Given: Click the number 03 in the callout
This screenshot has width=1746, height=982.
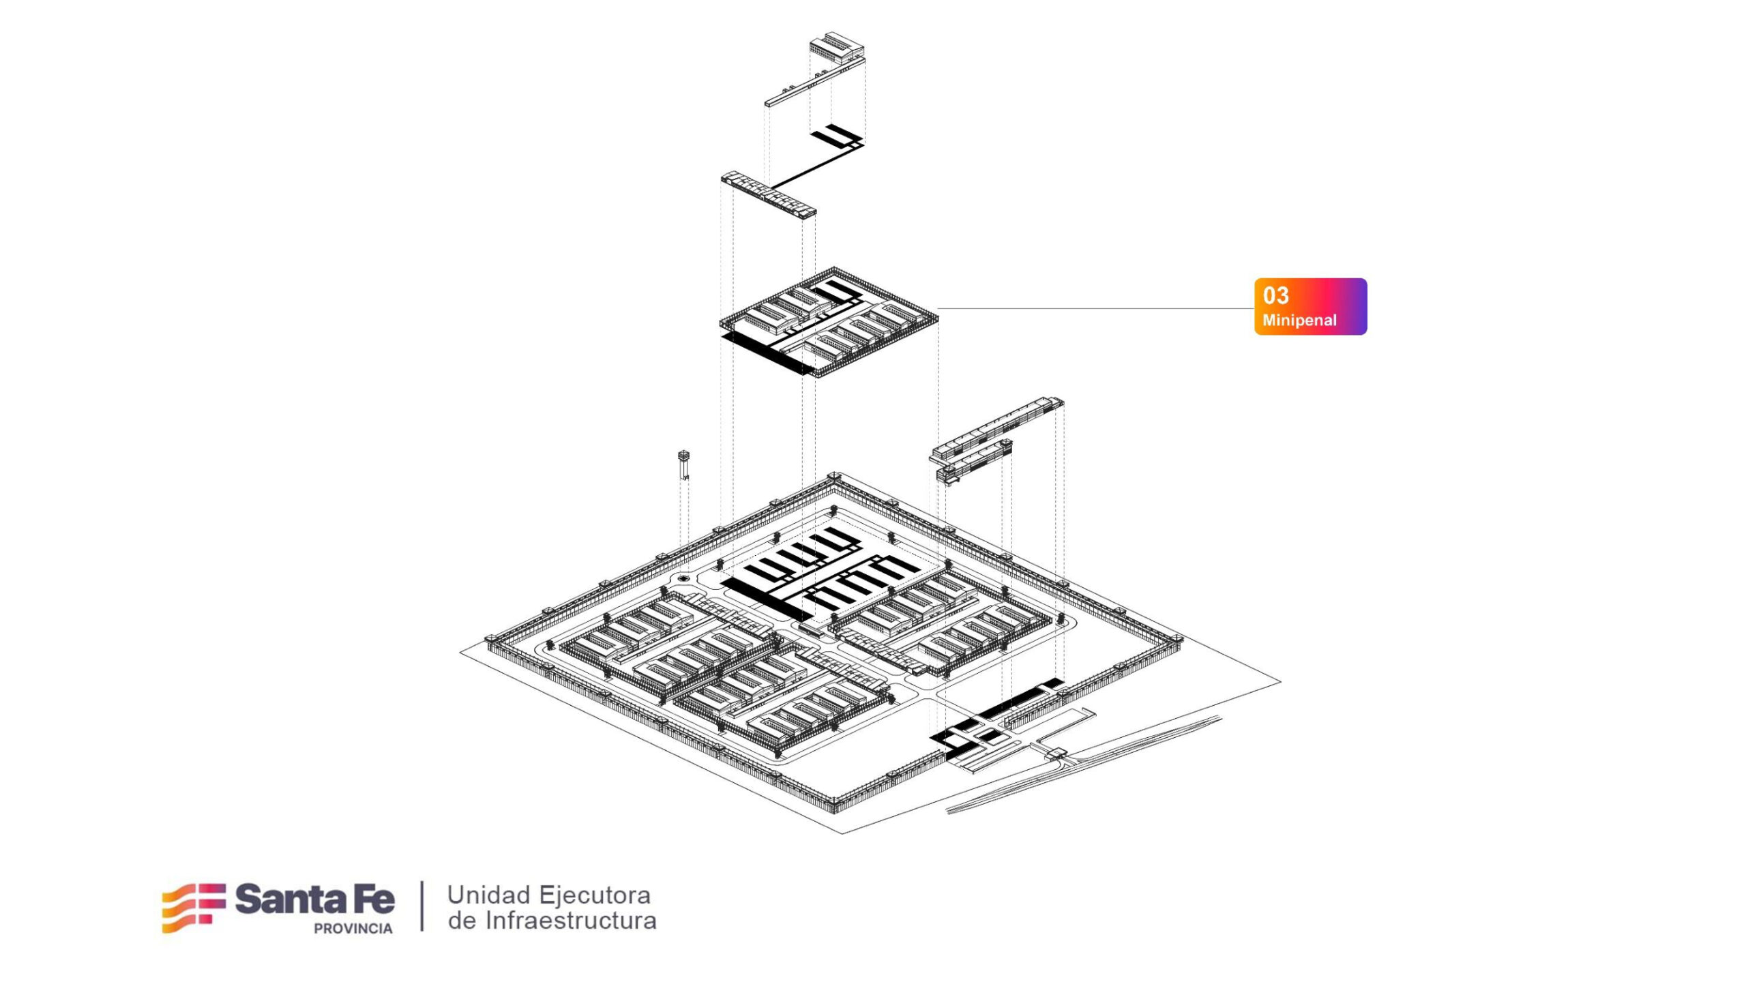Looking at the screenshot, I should pos(1275,295).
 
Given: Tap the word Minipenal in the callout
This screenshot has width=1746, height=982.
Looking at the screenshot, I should pos(1299,320).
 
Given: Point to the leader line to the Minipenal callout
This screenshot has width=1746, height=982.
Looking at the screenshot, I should pos(1091,308).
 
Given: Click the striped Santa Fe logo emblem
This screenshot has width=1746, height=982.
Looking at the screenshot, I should pos(194,907).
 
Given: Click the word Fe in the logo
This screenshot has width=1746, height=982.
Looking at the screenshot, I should pos(372,899).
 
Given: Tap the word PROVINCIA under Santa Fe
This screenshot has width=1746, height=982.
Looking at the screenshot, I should pos(353,929).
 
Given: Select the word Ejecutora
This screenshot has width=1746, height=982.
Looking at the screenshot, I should pos(595,895).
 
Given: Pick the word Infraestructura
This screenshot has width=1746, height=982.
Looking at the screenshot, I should pos(570,921).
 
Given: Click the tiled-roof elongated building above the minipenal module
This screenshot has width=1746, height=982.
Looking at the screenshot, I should pos(769,194).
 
